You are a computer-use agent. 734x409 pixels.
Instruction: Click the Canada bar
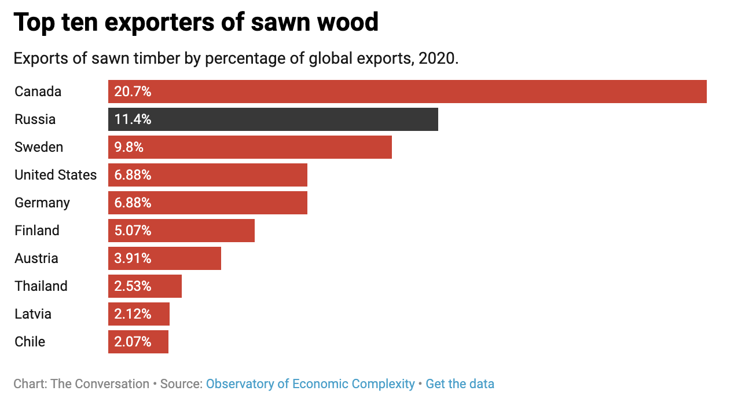click(407, 92)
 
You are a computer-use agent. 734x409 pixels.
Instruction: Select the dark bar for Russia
click(273, 119)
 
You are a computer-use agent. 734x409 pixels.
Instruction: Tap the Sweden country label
click(39, 147)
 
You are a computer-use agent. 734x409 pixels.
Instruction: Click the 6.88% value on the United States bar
click(133, 175)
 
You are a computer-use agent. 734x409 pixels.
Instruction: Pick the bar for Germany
click(207, 203)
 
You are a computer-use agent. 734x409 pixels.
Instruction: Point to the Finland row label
click(37, 231)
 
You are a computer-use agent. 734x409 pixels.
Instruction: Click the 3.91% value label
click(133, 258)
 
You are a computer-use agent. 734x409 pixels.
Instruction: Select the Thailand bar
click(145, 286)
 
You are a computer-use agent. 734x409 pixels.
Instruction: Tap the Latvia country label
click(33, 314)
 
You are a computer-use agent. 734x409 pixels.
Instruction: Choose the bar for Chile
click(138, 342)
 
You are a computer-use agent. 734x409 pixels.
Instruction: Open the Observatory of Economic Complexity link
click(310, 384)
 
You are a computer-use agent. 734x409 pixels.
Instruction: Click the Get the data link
click(460, 384)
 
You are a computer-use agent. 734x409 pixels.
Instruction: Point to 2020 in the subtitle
click(436, 59)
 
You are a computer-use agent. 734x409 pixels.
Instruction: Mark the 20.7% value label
click(133, 92)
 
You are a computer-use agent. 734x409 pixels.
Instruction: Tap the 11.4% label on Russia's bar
click(133, 119)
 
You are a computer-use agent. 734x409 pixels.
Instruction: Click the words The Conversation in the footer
click(100, 384)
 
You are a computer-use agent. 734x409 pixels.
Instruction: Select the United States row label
click(56, 175)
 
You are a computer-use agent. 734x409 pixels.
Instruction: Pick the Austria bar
click(164, 258)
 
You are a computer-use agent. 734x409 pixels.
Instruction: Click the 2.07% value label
click(133, 342)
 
